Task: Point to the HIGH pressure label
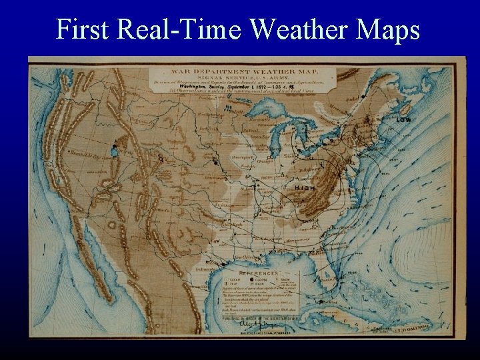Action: point(305,188)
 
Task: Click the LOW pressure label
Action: point(403,119)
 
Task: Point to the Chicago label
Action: point(277,161)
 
